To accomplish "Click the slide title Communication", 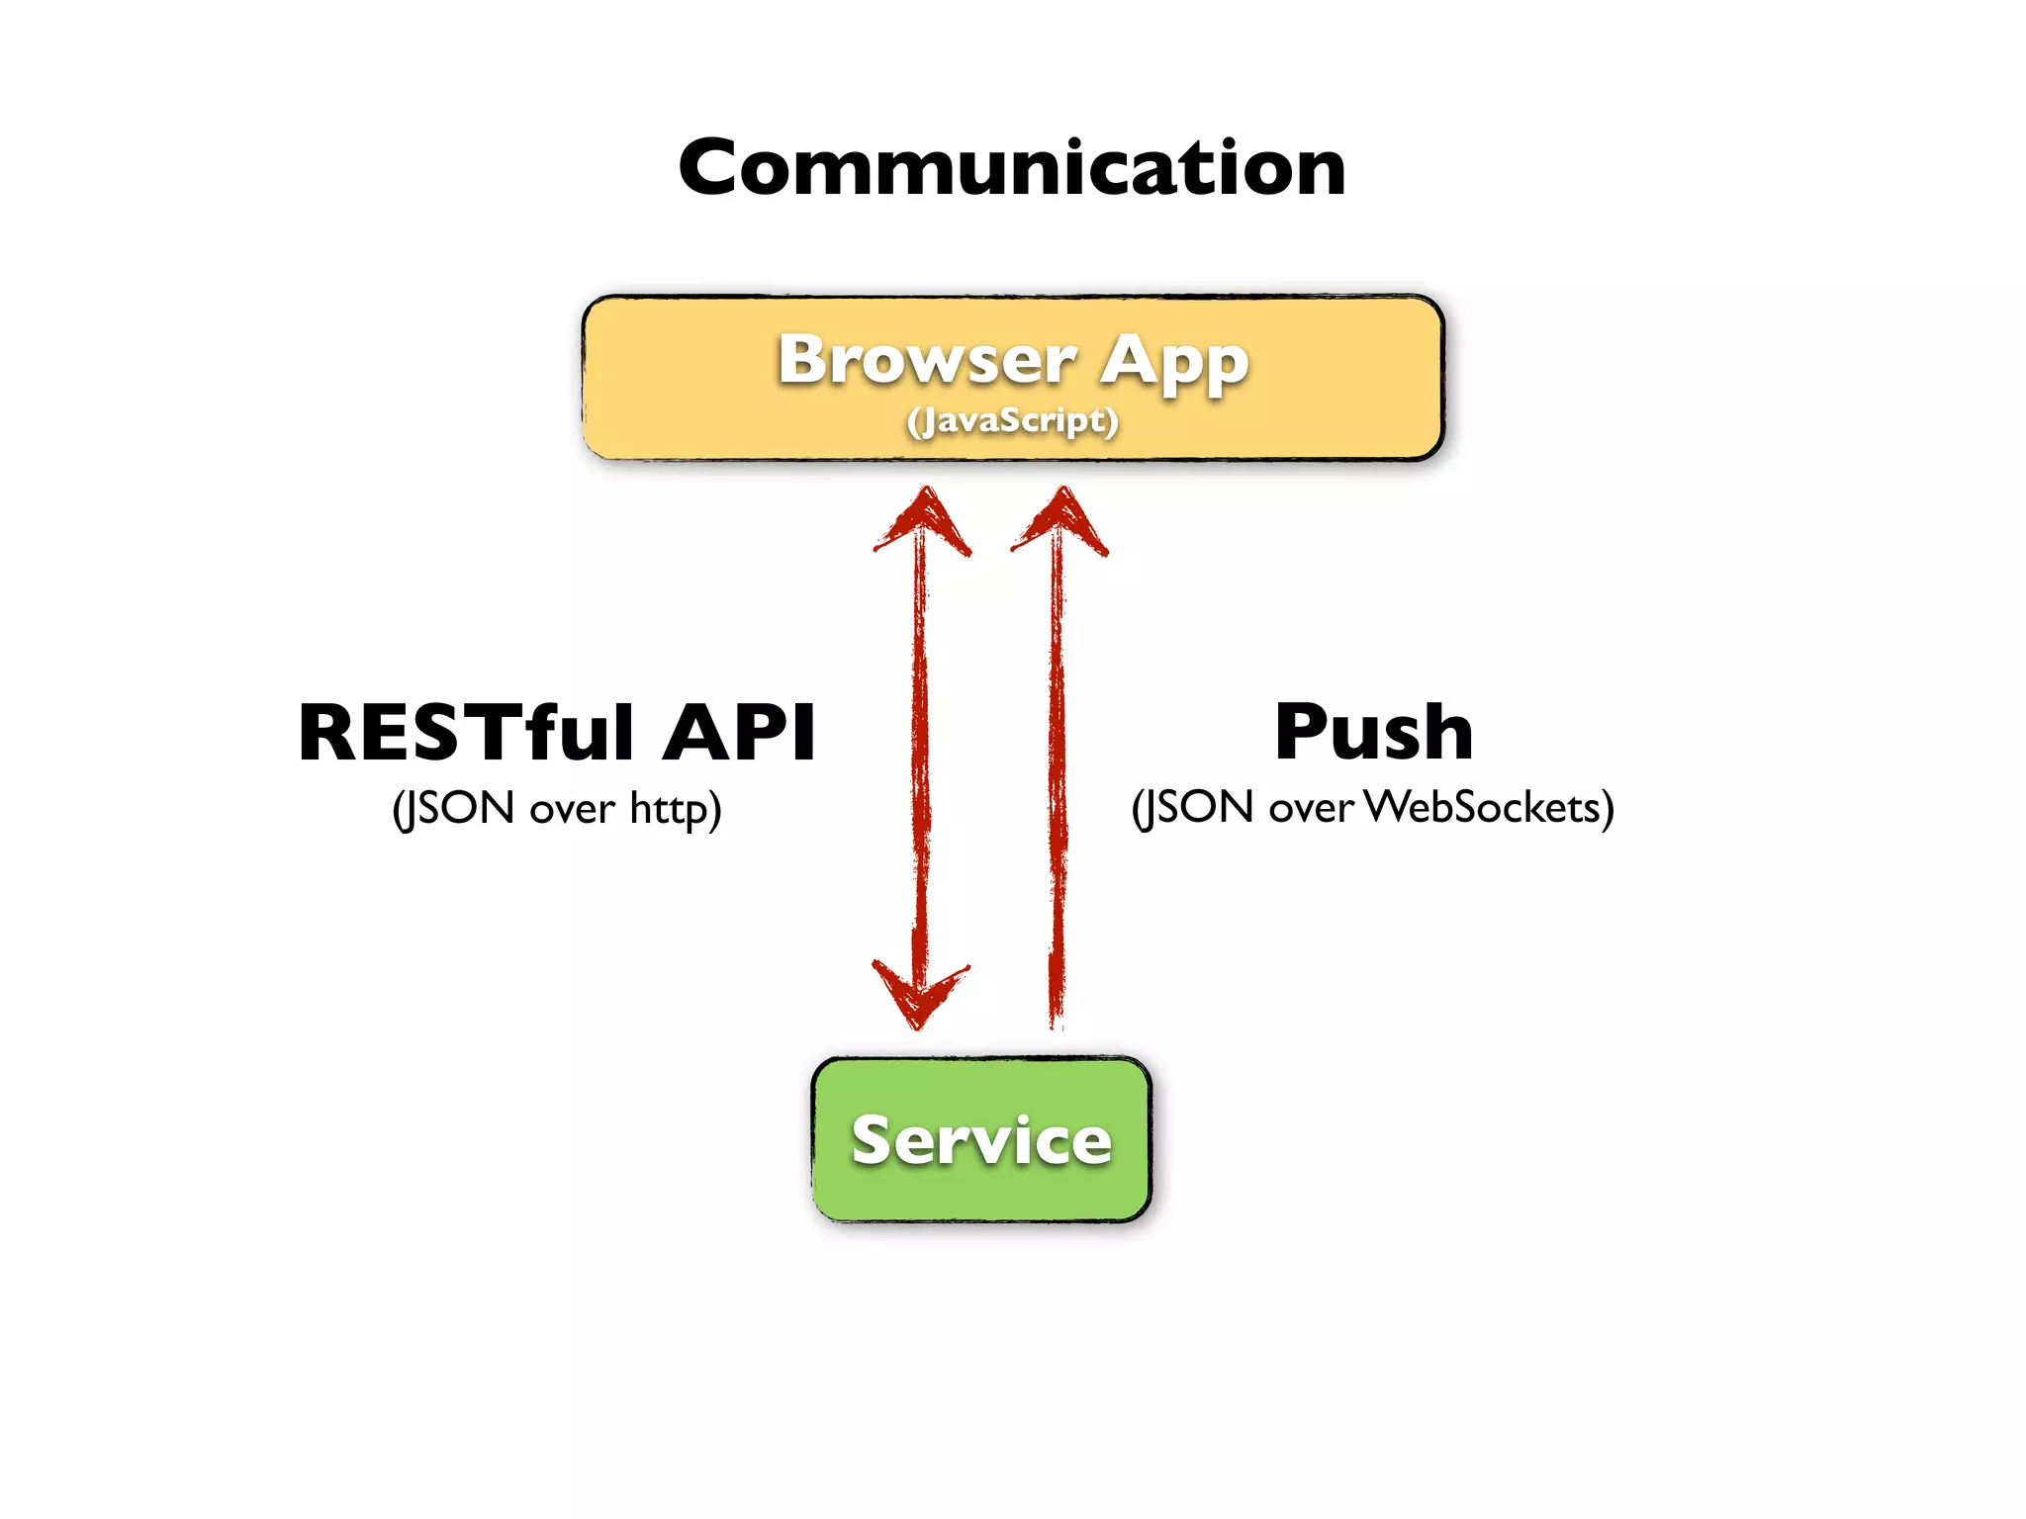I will pyautogui.click(x=1011, y=168).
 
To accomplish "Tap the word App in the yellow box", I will pyautogui.click(x=1175, y=364).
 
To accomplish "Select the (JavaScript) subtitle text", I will pyautogui.click(x=1012, y=421).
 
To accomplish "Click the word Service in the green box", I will pyautogui.click(x=981, y=1140).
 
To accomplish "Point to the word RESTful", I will pyautogui.click(x=466, y=733).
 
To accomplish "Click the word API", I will pyautogui.click(x=739, y=733).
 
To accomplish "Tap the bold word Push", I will pyautogui.click(x=1373, y=733).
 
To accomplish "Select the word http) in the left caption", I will pyautogui.click(x=676, y=810).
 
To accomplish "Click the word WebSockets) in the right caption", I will pyautogui.click(x=1490, y=808).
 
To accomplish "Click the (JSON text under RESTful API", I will pyautogui.click(x=453, y=809).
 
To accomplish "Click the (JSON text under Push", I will pyautogui.click(x=1193, y=808).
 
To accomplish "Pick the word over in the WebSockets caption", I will pyautogui.click(x=1311, y=809).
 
